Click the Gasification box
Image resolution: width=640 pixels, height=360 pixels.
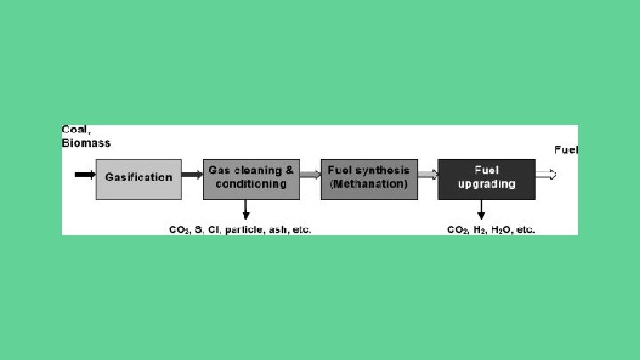pyautogui.click(x=139, y=178)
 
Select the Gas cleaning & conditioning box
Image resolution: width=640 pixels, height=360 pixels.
pyautogui.click(x=251, y=178)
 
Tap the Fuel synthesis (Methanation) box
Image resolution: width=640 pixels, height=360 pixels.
pyautogui.click(x=368, y=178)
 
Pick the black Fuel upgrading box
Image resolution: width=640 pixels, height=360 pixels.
pyautogui.click(x=486, y=178)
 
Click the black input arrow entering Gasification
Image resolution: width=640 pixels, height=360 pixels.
pyautogui.click(x=84, y=174)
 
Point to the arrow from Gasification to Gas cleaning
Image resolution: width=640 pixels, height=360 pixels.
pyautogui.click(x=192, y=174)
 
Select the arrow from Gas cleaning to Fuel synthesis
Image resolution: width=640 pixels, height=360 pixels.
pyautogui.click(x=309, y=174)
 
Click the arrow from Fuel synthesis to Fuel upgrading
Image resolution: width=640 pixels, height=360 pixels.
pyautogui.click(x=427, y=174)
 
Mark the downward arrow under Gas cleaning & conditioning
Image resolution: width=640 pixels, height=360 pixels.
pyautogui.click(x=246, y=210)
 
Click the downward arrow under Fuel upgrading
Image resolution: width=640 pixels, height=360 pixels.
pyautogui.click(x=481, y=210)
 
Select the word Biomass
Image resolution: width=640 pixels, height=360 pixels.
pyautogui.click(x=86, y=142)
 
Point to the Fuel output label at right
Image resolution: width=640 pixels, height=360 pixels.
pyautogui.click(x=566, y=149)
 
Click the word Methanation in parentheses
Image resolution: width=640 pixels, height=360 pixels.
pyautogui.click(x=369, y=184)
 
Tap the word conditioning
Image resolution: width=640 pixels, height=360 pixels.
pyautogui.click(x=251, y=184)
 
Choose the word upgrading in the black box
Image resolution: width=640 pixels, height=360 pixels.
pyautogui.click(x=486, y=184)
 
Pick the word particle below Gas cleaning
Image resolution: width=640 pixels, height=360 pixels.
pyautogui.click(x=244, y=229)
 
